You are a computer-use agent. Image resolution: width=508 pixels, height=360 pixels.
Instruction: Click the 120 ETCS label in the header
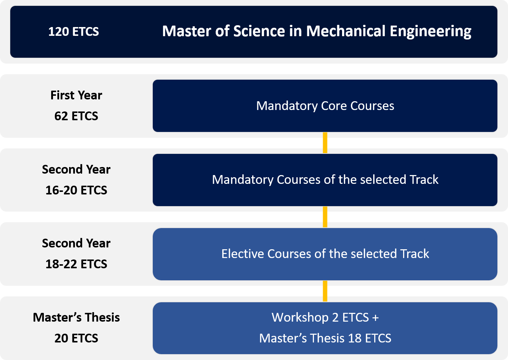coord(73,31)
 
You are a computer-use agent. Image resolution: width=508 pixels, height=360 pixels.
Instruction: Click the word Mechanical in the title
coord(346,31)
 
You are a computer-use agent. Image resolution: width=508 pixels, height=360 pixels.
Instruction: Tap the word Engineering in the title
coord(431,31)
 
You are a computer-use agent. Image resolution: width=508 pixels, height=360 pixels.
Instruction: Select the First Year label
coord(76,95)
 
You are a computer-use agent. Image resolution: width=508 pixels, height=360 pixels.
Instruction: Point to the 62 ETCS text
coord(76,116)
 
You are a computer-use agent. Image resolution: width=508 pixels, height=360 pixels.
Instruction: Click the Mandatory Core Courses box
coord(325,106)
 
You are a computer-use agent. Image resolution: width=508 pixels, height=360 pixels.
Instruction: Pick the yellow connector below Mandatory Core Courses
coord(325,143)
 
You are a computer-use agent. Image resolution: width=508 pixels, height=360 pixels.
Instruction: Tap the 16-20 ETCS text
coord(76,190)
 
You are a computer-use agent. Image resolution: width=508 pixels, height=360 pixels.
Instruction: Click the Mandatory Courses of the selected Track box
coord(325,180)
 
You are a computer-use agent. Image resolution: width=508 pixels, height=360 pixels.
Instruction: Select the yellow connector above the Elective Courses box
coord(325,217)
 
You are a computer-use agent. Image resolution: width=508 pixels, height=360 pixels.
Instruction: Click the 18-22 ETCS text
coord(76,264)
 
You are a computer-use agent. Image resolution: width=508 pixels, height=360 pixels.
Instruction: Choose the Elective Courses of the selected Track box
coord(325,254)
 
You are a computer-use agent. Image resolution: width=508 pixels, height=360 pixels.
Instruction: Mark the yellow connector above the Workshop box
coord(325,291)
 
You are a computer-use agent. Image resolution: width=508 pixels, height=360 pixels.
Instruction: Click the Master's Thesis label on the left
coord(76,317)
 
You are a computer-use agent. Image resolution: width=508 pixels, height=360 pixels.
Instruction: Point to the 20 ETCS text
coord(76,338)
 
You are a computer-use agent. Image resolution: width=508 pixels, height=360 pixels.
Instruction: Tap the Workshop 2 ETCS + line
coord(325,317)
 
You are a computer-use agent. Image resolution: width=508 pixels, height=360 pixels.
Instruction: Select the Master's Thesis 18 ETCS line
coord(325,338)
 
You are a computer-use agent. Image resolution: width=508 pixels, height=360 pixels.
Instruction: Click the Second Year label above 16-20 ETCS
coord(76,170)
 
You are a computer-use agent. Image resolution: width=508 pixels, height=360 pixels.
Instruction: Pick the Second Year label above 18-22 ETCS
coord(76,243)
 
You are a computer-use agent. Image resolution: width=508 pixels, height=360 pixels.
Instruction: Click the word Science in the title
coord(259,31)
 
